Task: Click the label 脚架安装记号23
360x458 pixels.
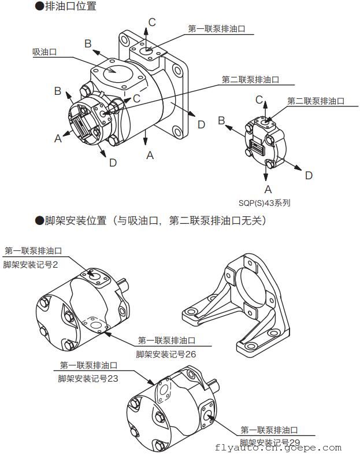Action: coord(88,378)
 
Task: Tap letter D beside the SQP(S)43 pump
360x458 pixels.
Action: coord(309,175)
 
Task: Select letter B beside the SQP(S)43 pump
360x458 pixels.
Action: coord(221,120)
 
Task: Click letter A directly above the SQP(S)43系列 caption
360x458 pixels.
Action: coord(268,189)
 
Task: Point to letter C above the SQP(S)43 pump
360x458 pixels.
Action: coord(259,100)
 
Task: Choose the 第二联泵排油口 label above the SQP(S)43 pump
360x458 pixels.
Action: coord(316,101)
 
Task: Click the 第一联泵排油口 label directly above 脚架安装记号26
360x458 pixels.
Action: coord(167,340)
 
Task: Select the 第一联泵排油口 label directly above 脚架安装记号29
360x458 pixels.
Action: coord(269,430)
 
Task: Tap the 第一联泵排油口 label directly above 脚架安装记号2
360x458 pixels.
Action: coord(33,250)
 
